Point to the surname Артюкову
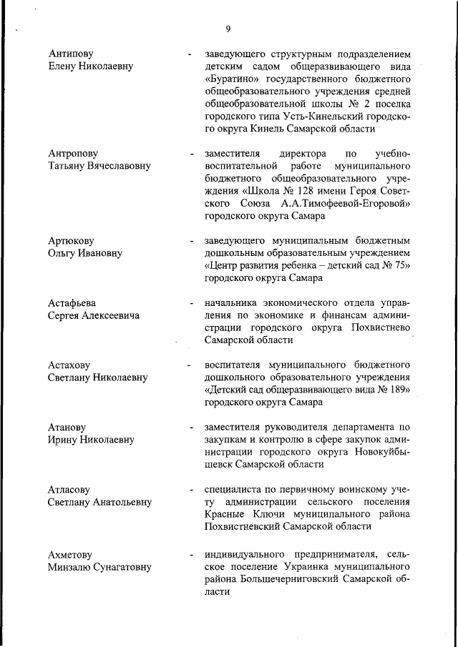(72, 241)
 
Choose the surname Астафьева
(72, 302)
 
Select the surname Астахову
(72, 365)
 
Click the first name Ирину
(63, 440)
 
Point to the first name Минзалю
(70, 567)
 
